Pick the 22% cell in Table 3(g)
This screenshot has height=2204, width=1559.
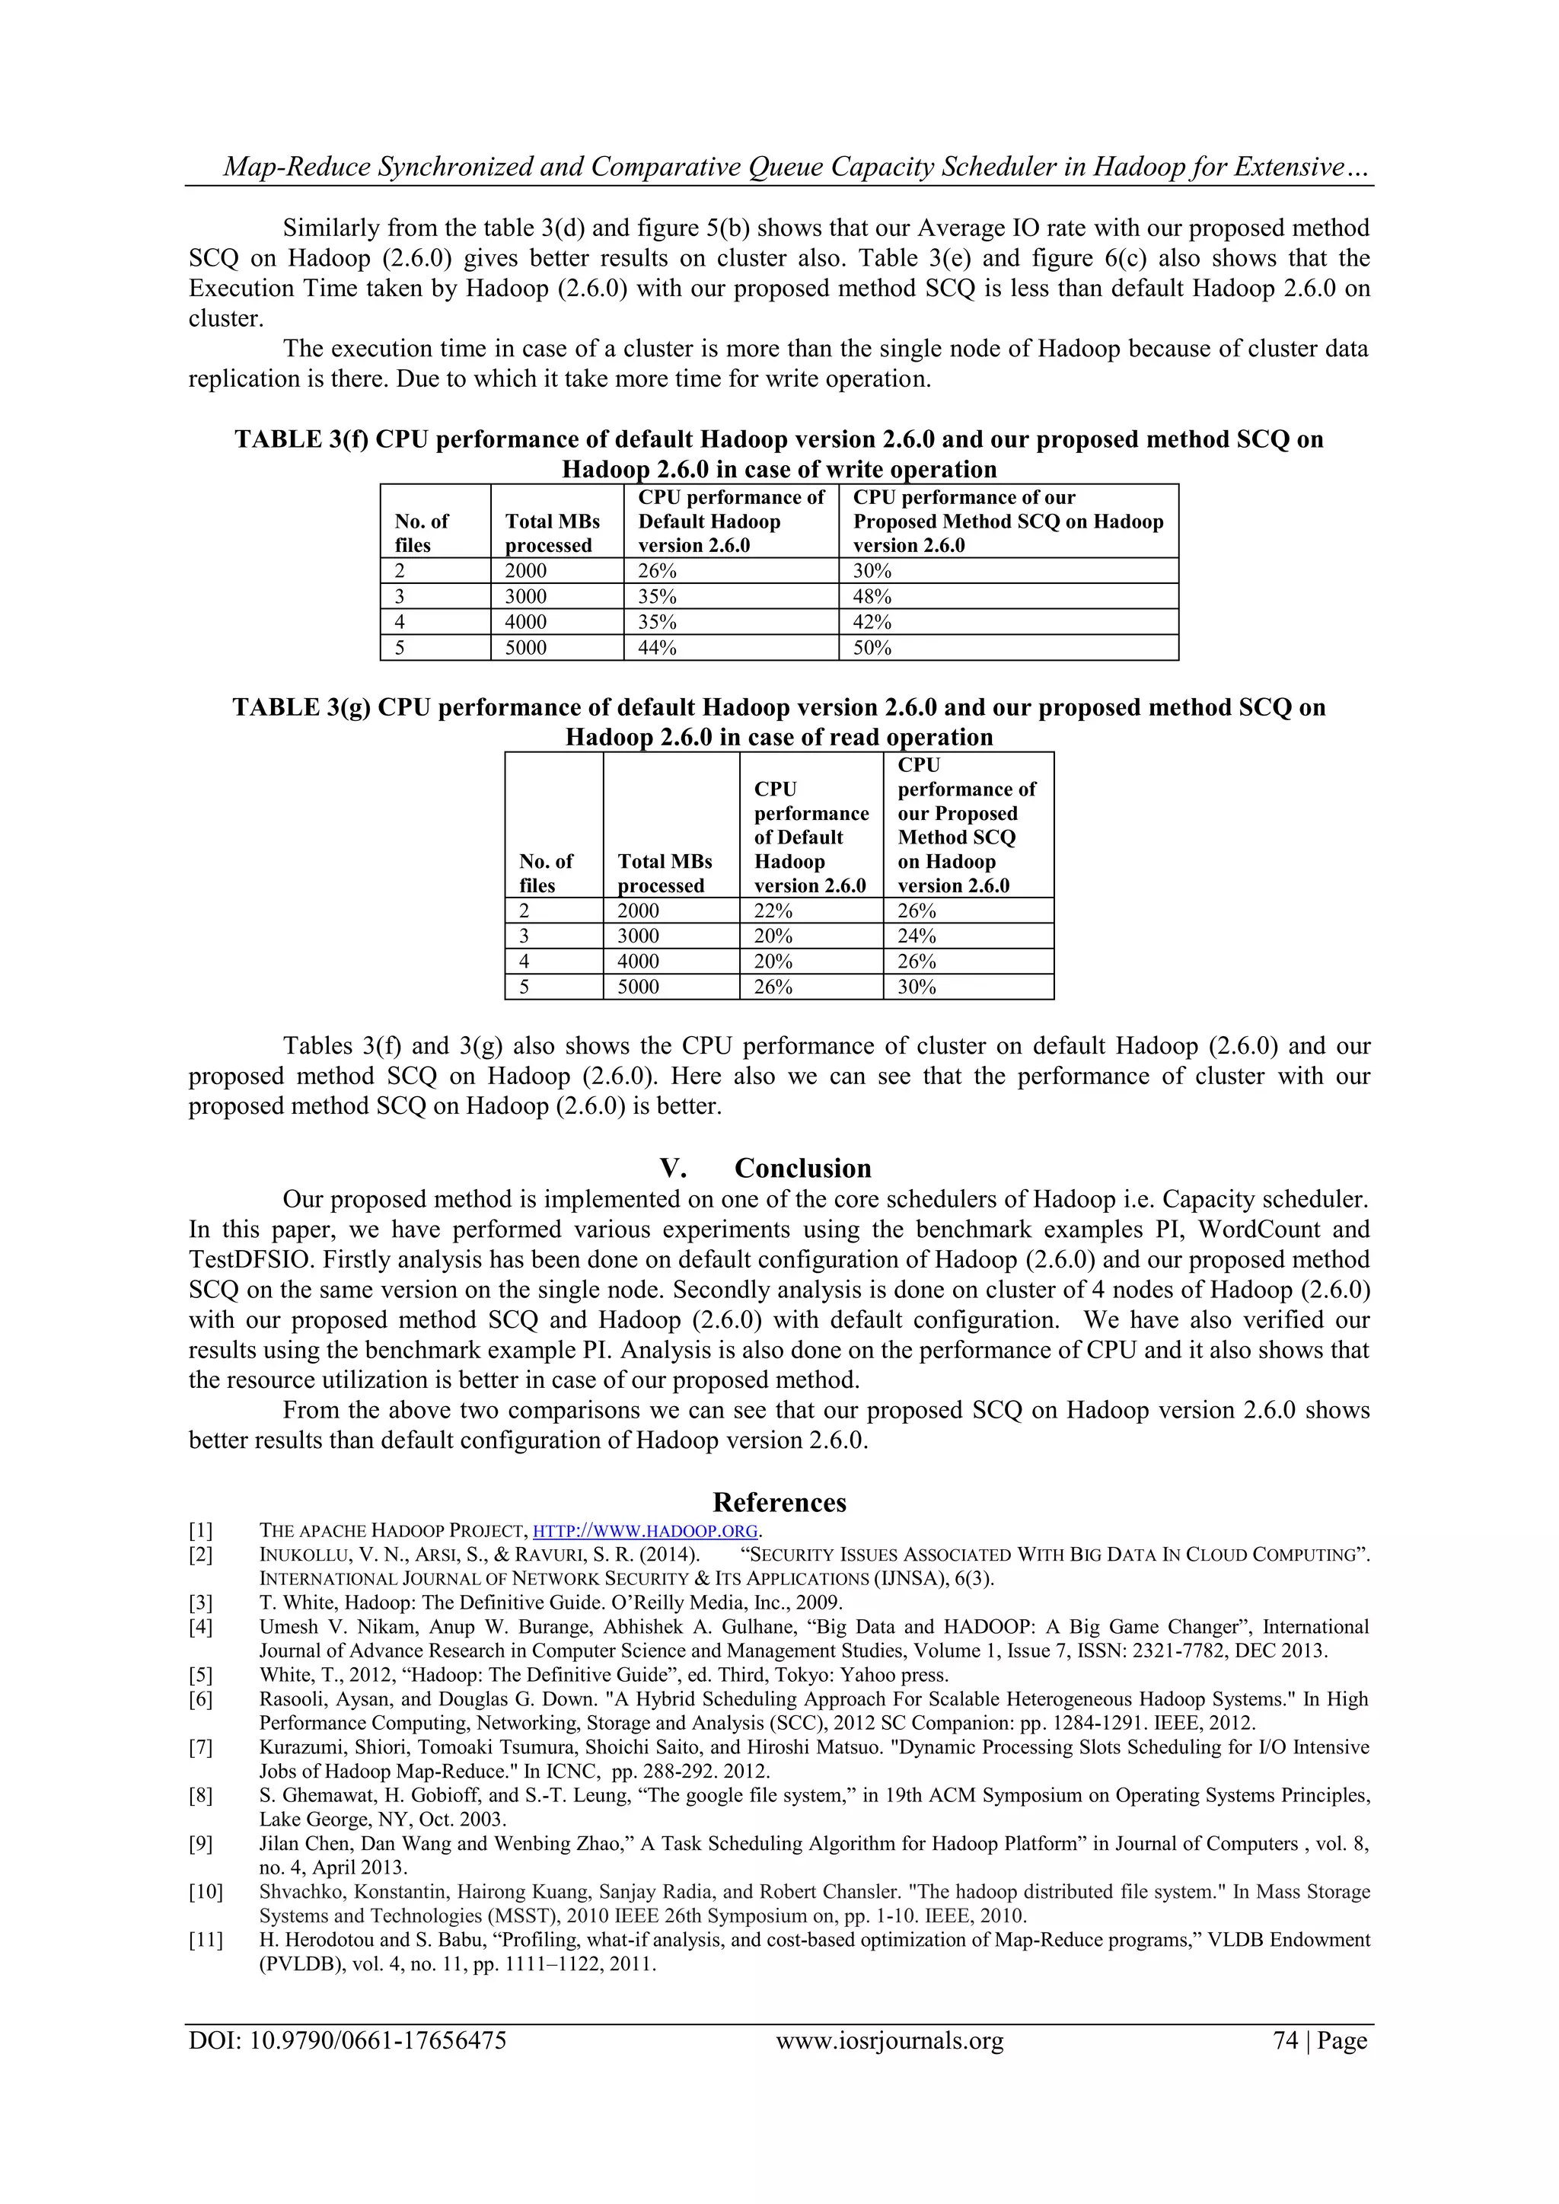tap(773, 911)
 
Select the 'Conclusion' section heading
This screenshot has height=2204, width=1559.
tap(802, 1169)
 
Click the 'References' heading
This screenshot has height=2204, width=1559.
tap(779, 1502)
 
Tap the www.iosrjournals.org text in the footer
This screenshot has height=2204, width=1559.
tap(889, 2041)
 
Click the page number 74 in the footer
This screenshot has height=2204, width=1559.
tap(1286, 2041)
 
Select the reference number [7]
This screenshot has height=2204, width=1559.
tap(201, 1747)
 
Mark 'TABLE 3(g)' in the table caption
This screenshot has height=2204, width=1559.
tap(301, 707)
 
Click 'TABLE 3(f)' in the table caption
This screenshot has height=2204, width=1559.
tap(301, 439)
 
